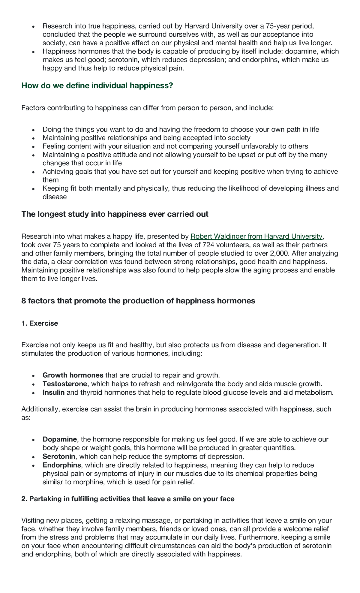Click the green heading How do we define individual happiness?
click(97, 86)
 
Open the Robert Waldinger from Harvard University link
click(256, 236)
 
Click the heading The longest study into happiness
click(115, 214)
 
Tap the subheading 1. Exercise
click(40, 324)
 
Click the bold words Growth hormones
click(73, 375)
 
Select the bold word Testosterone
click(65, 384)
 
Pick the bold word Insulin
click(53, 392)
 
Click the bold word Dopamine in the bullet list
click(60, 439)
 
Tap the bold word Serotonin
click(59, 457)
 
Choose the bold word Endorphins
click(62, 465)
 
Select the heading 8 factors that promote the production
click(138, 301)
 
